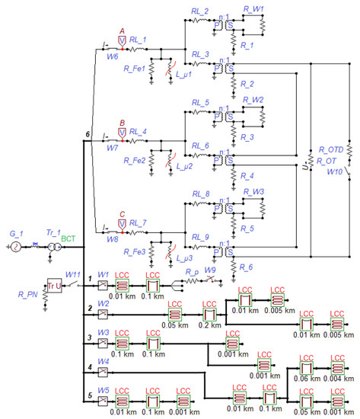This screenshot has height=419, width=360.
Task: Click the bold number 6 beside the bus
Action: click(88, 136)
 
